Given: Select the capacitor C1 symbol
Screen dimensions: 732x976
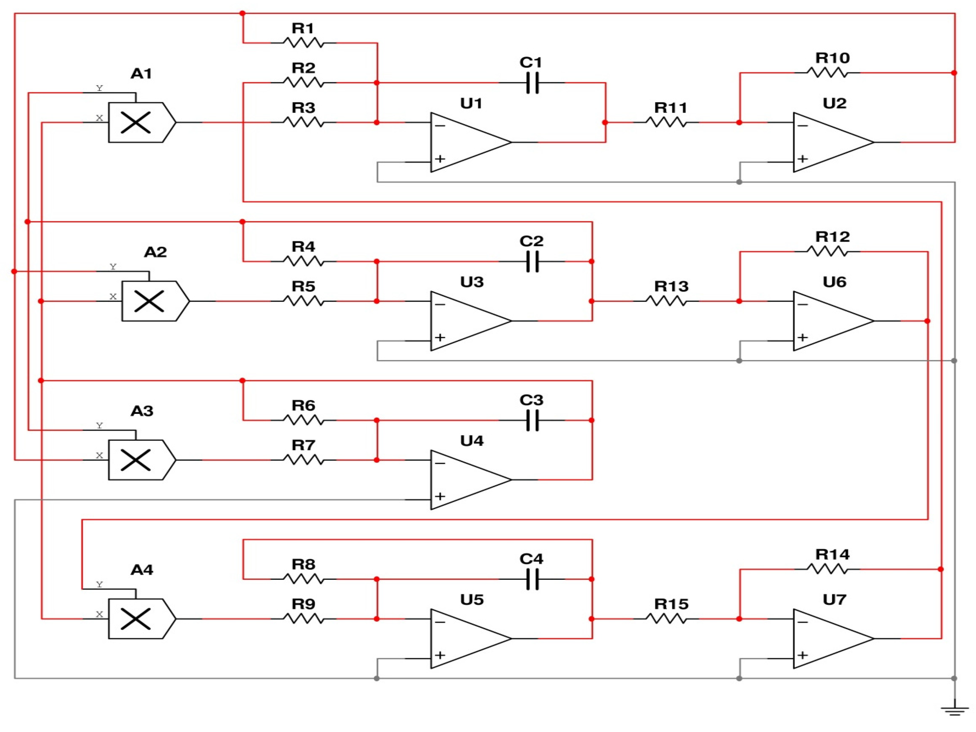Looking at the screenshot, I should point(532,83).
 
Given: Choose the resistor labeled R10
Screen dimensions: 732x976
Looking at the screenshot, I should point(827,73).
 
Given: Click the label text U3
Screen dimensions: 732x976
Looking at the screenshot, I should point(472,282).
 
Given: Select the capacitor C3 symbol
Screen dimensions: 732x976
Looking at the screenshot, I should point(532,420).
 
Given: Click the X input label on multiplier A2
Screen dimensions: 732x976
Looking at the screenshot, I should point(113,296).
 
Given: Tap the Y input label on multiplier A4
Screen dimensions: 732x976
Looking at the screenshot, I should point(99,584).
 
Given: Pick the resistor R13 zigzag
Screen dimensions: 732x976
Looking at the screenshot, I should point(666,301).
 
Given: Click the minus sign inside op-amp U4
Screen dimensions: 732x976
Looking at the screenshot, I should point(440,463).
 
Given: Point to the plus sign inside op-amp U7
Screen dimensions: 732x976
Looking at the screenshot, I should point(802,655).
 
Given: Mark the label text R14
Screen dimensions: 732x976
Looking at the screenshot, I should point(832,554).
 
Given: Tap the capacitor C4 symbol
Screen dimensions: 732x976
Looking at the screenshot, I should point(532,579).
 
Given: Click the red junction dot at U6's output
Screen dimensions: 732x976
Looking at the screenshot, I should point(927,321).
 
